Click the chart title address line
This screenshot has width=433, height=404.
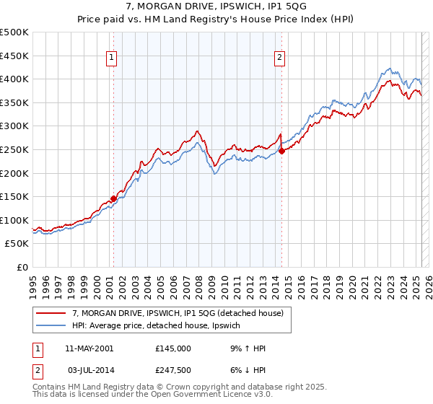(216, 7)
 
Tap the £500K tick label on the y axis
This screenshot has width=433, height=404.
(14, 32)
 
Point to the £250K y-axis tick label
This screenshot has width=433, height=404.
(14, 149)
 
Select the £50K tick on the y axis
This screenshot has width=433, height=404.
(17, 244)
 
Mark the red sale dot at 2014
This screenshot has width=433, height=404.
(281, 151)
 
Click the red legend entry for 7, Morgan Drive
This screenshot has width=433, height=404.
(181, 313)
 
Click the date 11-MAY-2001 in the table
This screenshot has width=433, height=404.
(89, 348)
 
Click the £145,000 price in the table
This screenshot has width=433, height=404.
(173, 348)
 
